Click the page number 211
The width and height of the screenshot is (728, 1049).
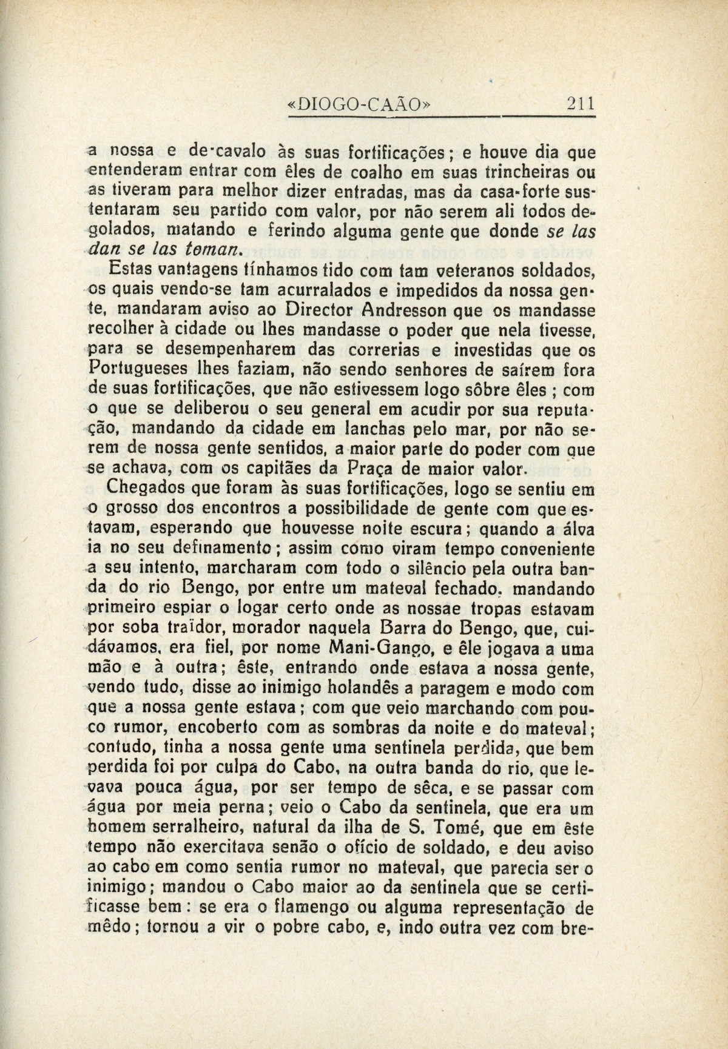579,104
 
